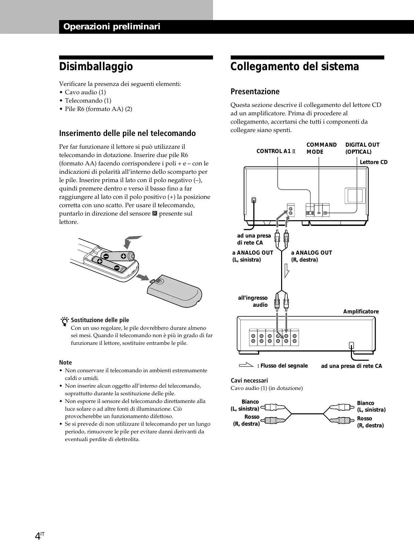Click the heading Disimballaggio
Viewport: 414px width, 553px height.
pos(96,66)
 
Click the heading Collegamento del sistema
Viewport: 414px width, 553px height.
pos(294,66)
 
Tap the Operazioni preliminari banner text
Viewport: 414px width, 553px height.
pos(112,27)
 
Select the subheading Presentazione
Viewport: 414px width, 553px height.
pos(255,92)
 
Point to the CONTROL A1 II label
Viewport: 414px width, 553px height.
pos(276,151)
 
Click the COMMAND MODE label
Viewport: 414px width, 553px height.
pos(321,148)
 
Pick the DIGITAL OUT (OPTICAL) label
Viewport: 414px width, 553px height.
pos(362,148)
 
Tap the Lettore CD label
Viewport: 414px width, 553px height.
pos(373,162)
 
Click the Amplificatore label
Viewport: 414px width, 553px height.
pos(361,311)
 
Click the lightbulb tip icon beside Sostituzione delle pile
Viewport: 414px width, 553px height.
pos(65,321)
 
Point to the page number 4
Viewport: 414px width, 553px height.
pos(38,537)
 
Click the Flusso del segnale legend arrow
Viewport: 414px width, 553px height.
pos(247,365)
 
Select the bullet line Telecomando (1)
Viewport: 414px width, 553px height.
pos(88,101)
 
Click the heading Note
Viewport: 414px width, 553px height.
pos(65,363)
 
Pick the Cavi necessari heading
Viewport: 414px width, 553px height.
pos(249,380)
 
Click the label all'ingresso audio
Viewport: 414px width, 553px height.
pos(253,301)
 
